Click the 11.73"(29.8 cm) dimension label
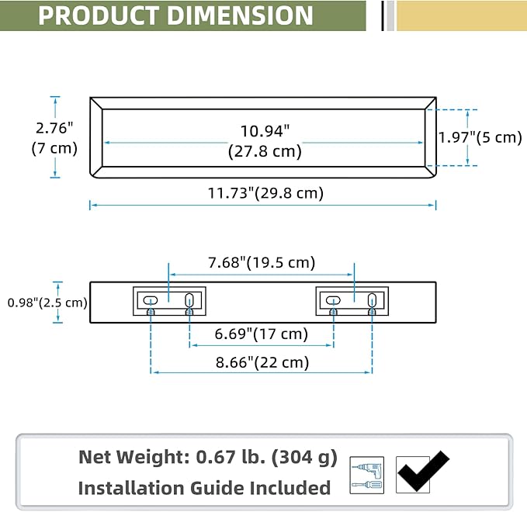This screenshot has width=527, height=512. [265, 193]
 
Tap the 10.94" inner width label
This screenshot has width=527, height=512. [265, 131]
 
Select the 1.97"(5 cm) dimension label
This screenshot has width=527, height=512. [480, 137]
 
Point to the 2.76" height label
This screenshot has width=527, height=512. [54, 128]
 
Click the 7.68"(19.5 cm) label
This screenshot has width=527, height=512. [262, 262]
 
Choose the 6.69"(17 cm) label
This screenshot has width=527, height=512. [261, 334]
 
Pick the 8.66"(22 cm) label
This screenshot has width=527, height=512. [262, 362]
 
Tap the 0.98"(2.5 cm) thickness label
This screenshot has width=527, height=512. [47, 303]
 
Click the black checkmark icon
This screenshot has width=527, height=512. [423, 471]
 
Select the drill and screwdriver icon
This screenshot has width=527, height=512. [366, 475]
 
